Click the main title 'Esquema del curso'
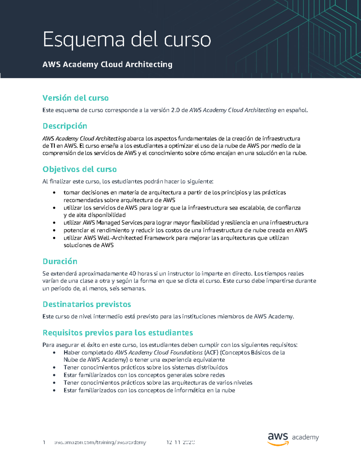pos(127,40)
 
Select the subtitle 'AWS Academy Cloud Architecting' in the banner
pos(107,64)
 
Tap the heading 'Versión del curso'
pos(76,98)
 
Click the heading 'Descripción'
pos(65,126)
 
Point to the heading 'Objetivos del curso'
pos(79,169)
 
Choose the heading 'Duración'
pos(60,261)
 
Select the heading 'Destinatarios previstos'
pos(87,304)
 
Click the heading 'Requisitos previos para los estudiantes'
pos(118,333)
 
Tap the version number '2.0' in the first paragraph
pos(175,110)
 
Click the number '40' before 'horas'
pos(132,274)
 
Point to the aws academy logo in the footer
pos(293,439)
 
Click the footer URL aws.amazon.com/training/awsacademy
pos(100,442)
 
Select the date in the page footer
pos(180,442)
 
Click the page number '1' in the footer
pos(44,442)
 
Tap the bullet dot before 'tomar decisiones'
pos(54,193)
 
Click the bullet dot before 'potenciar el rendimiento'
pos(54,231)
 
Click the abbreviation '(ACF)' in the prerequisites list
pos(211,352)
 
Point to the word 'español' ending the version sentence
pos(297,110)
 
